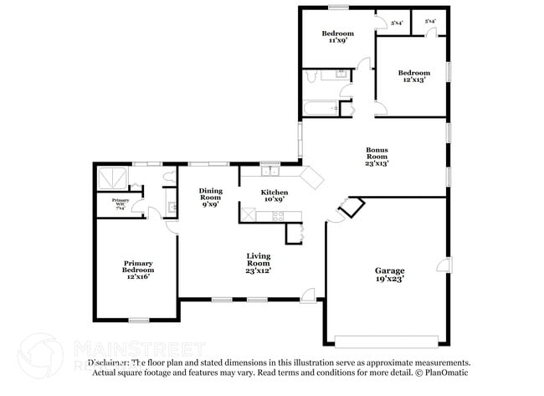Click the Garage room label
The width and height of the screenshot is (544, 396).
tap(389, 275)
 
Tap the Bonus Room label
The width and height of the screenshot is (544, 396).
tap(377, 157)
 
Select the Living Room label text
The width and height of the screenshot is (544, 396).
tap(258, 263)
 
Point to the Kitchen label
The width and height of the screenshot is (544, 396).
tap(276, 196)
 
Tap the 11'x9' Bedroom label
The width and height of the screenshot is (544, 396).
tap(338, 37)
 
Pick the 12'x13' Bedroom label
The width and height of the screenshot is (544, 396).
tap(413, 77)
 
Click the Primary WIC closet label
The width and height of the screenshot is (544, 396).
tap(121, 202)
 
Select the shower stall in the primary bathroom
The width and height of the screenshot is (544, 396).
tap(112, 177)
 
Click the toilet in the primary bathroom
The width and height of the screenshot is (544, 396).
tap(170, 177)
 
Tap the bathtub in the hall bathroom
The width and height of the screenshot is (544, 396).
tap(321, 108)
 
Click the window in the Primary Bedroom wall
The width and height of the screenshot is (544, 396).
tap(139, 319)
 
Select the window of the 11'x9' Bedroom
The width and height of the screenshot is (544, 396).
tap(338, 8)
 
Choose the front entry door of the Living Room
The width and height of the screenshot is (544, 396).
tap(309, 293)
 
